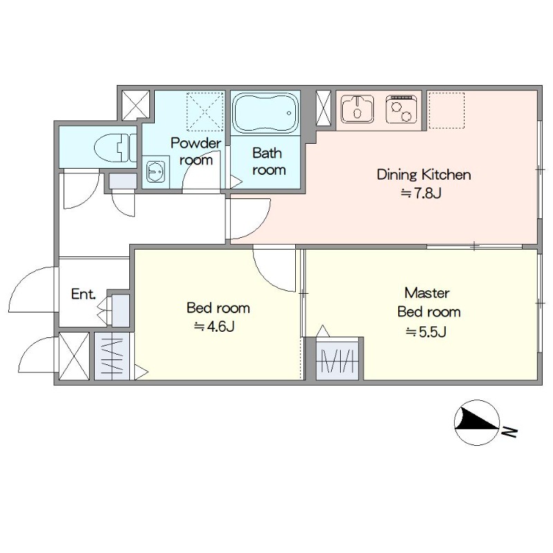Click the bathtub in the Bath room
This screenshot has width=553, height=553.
[x=266, y=113]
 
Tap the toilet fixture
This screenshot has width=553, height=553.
[x=115, y=148]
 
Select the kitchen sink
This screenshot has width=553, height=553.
[x=357, y=109]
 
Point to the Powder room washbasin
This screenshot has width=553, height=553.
[x=156, y=171]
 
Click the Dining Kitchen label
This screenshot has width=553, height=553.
[x=424, y=175]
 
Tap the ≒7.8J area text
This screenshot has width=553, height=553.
[x=421, y=194]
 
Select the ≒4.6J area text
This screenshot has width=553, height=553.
[x=214, y=327]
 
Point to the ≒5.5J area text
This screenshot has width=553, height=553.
[x=426, y=332]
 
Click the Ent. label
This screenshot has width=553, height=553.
[x=83, y=294]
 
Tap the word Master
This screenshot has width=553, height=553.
[x=427, y=293]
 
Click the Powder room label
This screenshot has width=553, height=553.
[x=196, y=151]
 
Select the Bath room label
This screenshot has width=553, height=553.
[x=268, y=162]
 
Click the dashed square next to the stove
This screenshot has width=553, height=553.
[x=447, y=111]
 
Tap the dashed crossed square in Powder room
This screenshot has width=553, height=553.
[x=205, y=112]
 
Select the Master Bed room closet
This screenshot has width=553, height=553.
[x=337, y=359]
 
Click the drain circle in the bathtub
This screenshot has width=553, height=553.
[x=289, y=113]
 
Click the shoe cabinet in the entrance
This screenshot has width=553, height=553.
[x=120, y=310]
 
